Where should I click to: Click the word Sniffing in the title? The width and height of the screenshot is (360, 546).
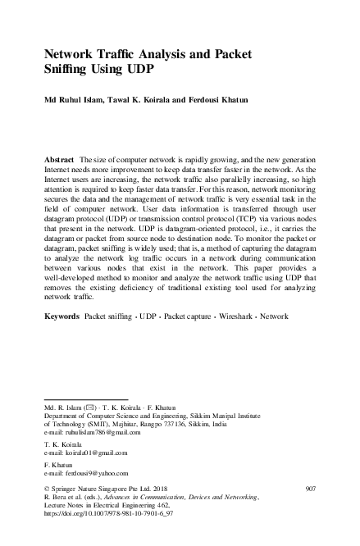click(x=69, y=70)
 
